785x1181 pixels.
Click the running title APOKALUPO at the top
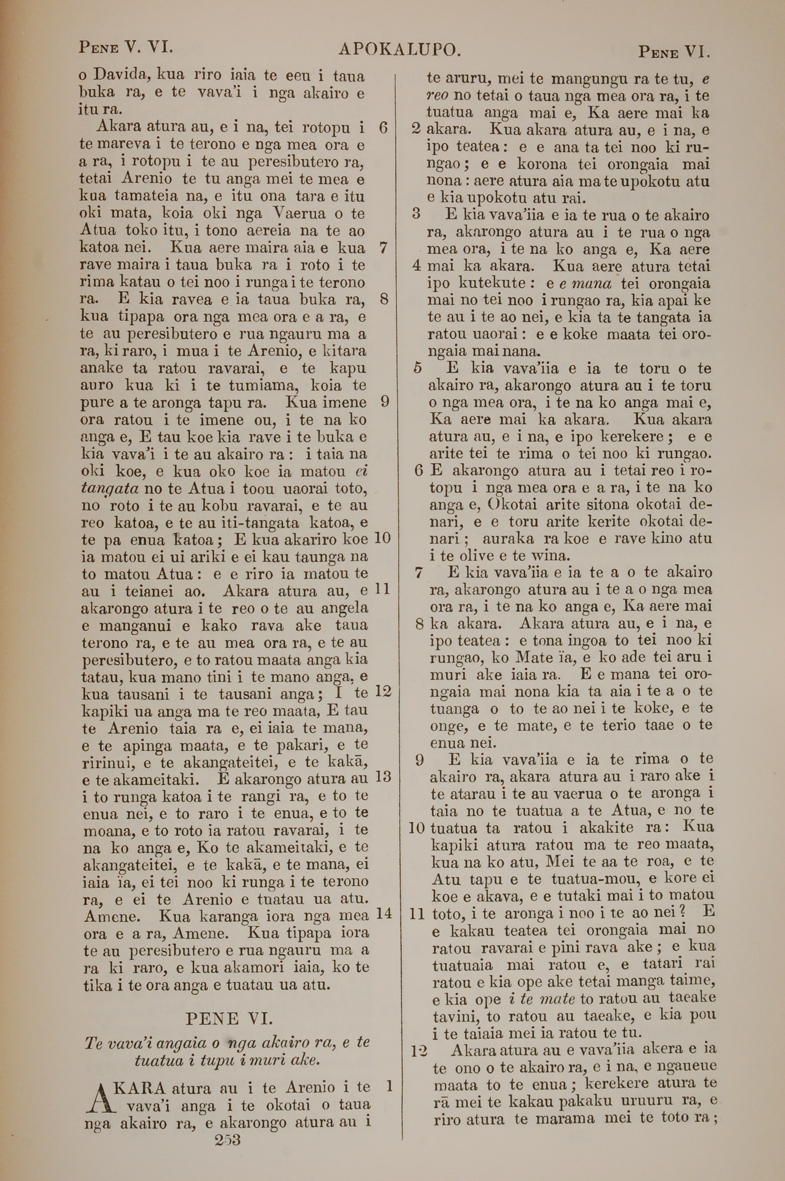coord(399,49)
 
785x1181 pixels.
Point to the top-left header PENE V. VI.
coord(126,48)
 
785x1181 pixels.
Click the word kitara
coord(345,351)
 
